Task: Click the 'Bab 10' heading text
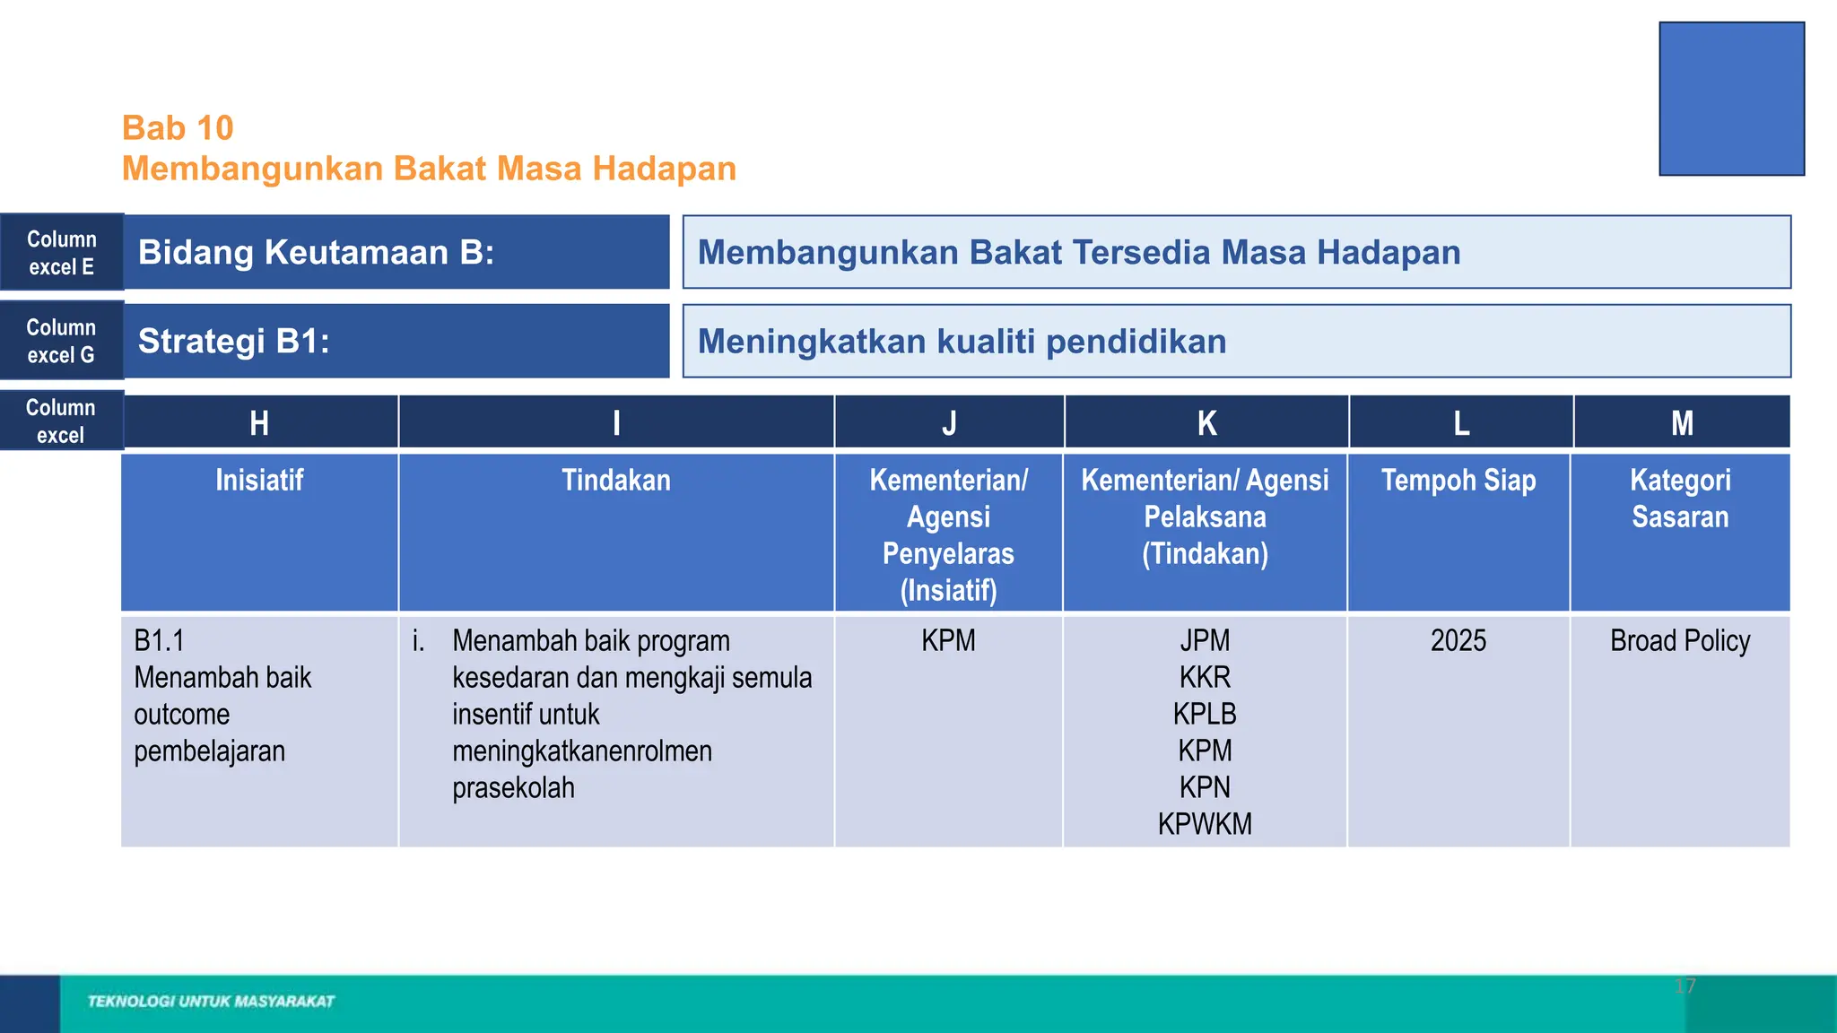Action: [178, 128]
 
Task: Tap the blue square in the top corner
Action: [1731, 99]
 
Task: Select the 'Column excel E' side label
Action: [61, 253]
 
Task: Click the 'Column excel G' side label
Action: [61, 341]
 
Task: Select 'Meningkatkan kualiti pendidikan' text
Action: [962, 342]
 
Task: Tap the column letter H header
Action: [259, 422]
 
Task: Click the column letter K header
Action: [1206, 422]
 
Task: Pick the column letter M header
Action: [1682, 422]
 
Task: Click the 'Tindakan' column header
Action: [616, 481]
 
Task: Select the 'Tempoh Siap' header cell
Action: [1458, 481]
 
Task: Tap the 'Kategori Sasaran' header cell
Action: [1680, 499]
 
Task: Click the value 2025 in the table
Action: [1458, 641]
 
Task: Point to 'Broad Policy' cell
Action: [1680, 641]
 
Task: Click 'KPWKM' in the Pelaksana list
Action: [1205, 824]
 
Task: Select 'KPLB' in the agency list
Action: [1205, 714]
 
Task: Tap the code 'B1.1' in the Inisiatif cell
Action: [159, 641]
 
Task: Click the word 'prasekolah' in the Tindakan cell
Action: [513, 788]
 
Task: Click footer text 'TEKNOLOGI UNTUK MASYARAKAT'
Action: [211, 1002]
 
